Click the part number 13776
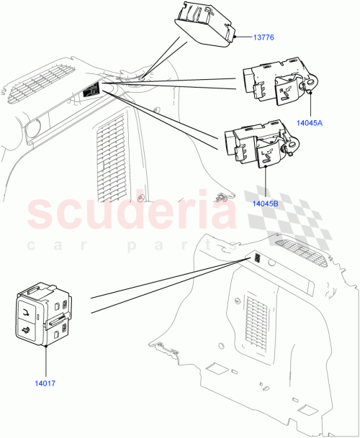coord(264,38)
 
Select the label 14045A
coord(310,122)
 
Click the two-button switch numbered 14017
coord(45,314)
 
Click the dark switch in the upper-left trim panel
coord(91,91)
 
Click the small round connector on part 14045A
coord(312,85)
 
